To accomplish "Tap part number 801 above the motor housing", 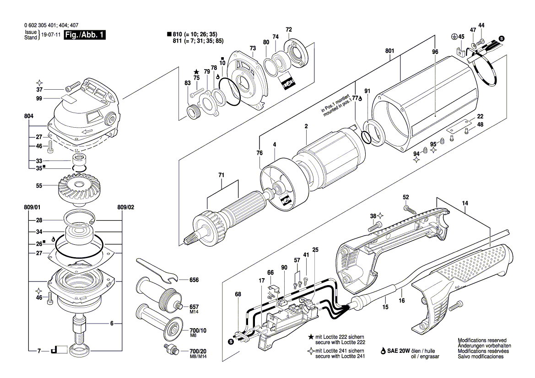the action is click(x=389, y=51).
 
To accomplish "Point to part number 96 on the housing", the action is click(x=435, y=52).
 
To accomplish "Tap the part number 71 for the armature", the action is click(x=222, y=175).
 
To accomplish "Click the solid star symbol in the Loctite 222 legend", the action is click(x=311, y=337).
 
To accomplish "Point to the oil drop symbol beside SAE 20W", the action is click(x=383, y=351).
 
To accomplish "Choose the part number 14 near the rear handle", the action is click(x=465, y=203).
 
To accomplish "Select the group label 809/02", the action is click(x=125, y=207).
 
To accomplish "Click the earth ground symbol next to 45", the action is click(x=454, y=36).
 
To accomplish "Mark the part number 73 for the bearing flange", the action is click(x=253, y=48).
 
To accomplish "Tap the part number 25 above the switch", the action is click(x=315, y=250).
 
